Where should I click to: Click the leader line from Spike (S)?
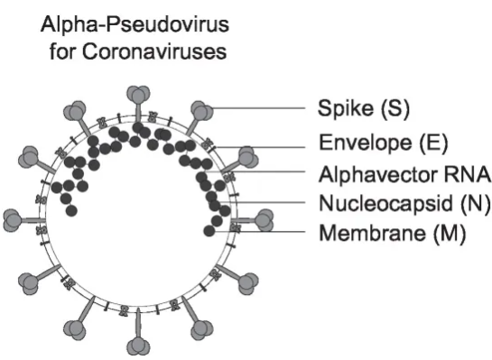(x=262, y=109)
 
